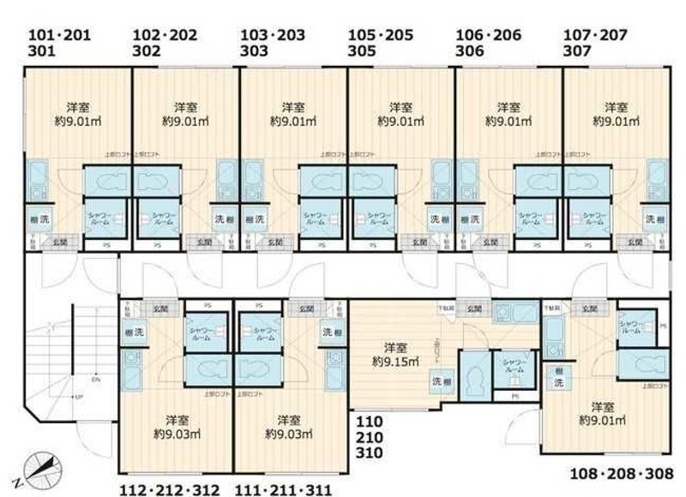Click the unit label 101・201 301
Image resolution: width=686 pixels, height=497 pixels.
(58, 43)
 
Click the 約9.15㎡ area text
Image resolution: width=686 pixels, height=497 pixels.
(395, 362)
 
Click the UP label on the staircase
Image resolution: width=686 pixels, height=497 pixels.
(78, 398)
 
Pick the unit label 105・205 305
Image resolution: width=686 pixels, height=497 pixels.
(380, 43)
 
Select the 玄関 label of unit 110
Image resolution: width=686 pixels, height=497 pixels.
(473, 307)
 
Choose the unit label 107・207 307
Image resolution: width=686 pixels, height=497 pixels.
(595, 43)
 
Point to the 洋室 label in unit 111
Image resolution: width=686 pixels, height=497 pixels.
(289, 421)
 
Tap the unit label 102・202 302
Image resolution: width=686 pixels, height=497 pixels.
(165, 43)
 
